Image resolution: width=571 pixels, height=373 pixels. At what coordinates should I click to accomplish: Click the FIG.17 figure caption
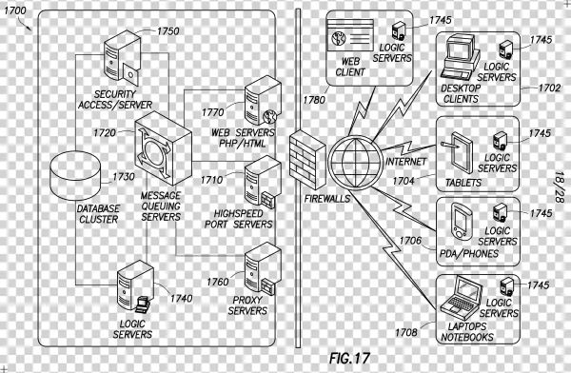point(347,359)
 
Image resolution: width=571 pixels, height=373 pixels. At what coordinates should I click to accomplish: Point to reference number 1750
point(167,31)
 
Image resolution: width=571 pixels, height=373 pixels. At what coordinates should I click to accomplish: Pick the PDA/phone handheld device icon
point(460,222)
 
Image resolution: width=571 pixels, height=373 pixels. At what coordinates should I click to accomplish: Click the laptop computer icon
point(463,296)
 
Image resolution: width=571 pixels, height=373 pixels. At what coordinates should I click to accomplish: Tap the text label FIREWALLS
point(305,199)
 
